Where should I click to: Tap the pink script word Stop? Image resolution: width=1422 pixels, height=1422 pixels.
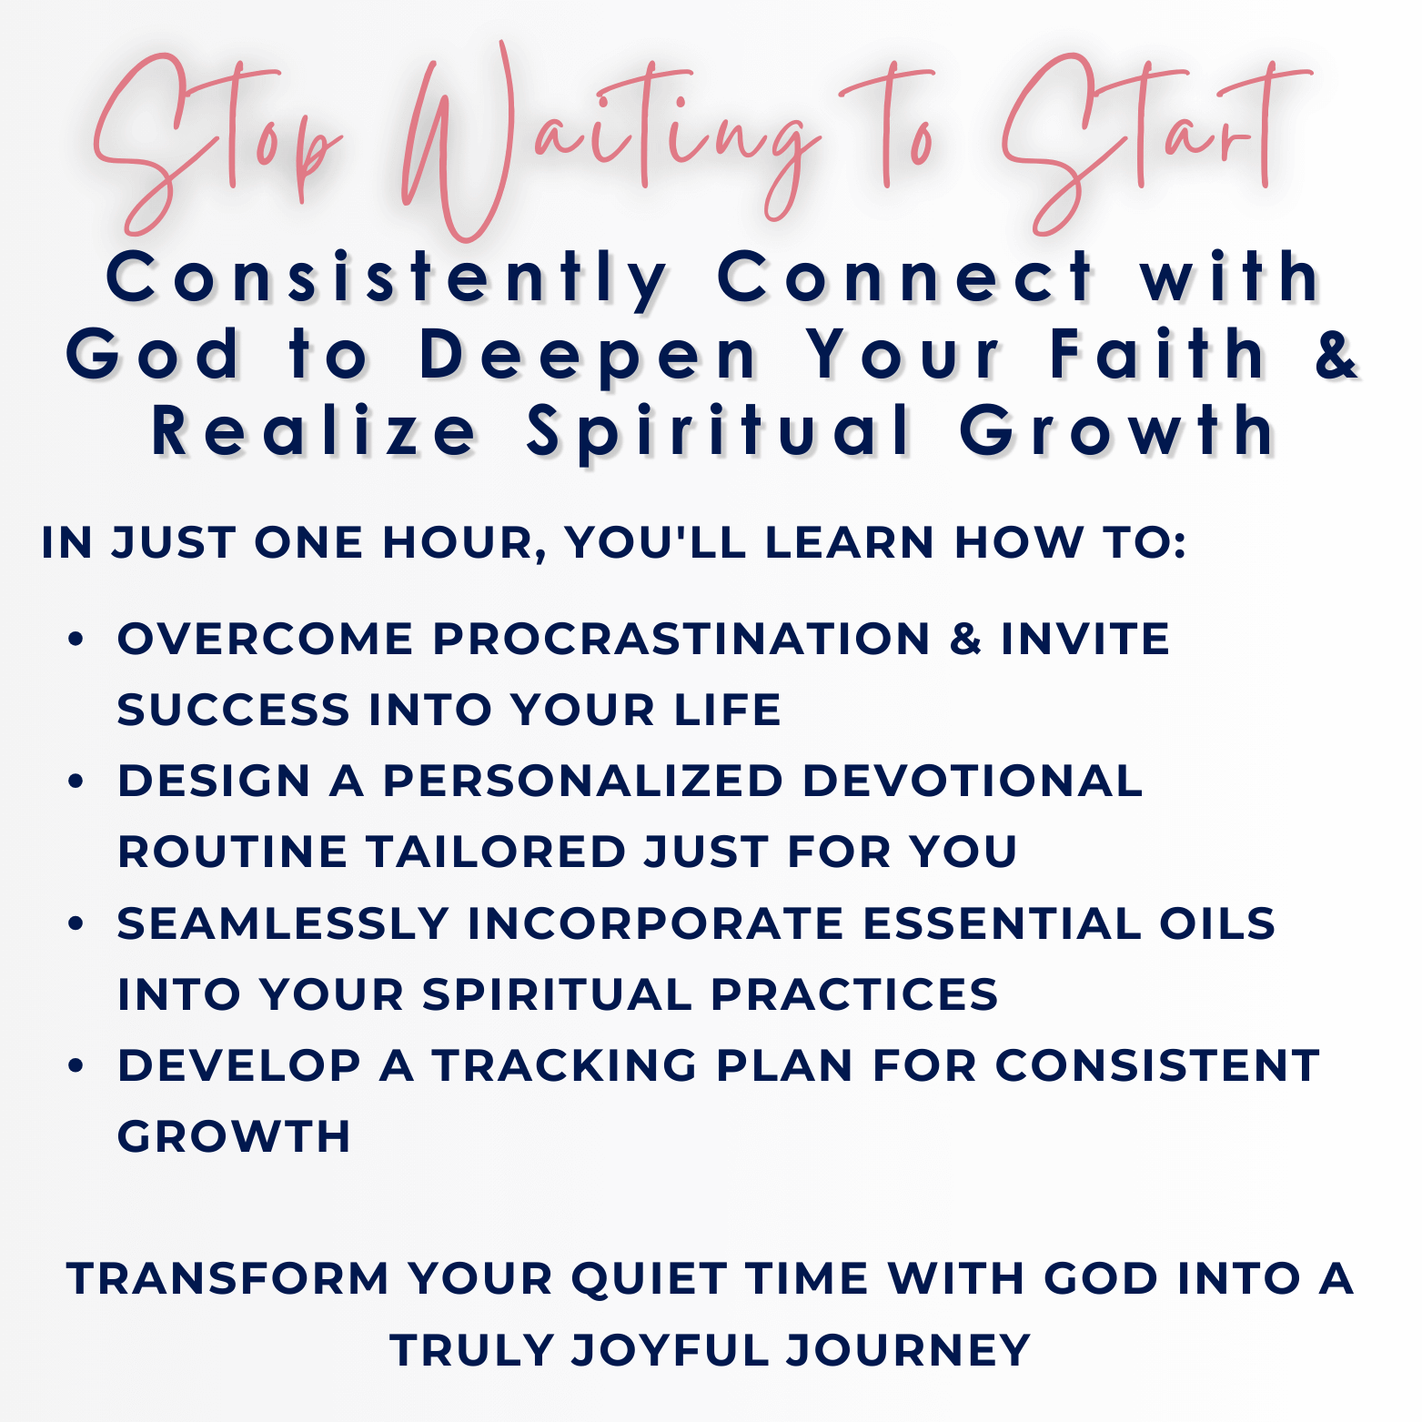[218, 146]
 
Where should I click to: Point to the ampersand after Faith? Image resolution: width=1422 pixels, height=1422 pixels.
[1336, 355]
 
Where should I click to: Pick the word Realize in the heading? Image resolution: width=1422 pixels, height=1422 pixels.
[314, 431]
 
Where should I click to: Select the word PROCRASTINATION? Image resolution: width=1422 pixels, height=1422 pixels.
[681, 639]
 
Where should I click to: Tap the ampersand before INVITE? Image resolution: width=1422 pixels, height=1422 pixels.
[965, 639]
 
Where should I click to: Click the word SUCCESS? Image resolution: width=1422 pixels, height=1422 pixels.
[233, 710]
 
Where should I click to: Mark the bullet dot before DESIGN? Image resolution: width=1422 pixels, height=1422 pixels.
[76, 782]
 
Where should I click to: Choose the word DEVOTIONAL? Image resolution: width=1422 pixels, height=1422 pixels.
[972, 781]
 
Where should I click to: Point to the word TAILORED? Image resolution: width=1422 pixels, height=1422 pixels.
[496, 852]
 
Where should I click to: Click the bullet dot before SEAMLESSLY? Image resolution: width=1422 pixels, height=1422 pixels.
[76, 923]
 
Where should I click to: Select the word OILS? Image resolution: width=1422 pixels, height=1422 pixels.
[1217, 923]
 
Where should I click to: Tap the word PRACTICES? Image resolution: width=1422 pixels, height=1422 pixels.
[854, 994]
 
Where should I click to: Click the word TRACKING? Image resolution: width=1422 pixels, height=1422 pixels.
[564, 1065]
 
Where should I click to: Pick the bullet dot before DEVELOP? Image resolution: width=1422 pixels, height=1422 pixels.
[76, 1065]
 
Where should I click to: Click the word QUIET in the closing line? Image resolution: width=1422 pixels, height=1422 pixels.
[649, 1279]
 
